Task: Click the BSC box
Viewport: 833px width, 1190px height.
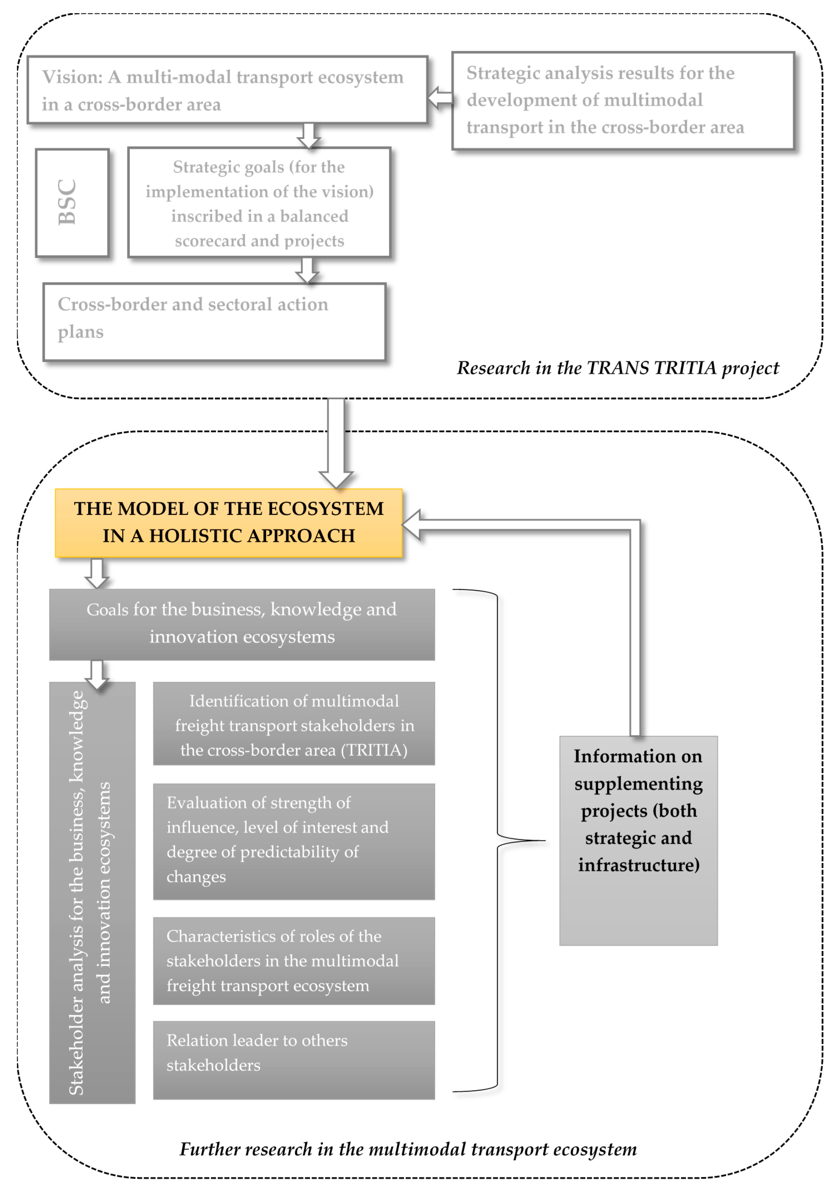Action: point(72,203)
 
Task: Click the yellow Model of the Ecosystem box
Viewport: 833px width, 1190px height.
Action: point(229,523)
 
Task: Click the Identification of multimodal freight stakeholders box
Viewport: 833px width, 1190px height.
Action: point(293,723)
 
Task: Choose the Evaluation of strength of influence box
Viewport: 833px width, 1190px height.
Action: point(293,841)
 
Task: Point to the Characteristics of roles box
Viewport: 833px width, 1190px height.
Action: point(293,960)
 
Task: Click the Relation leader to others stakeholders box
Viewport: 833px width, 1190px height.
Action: point(293,1060)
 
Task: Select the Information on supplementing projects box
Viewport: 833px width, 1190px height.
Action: point(638,840)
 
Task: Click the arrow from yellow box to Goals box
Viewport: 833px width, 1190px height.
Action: point(96,573)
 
